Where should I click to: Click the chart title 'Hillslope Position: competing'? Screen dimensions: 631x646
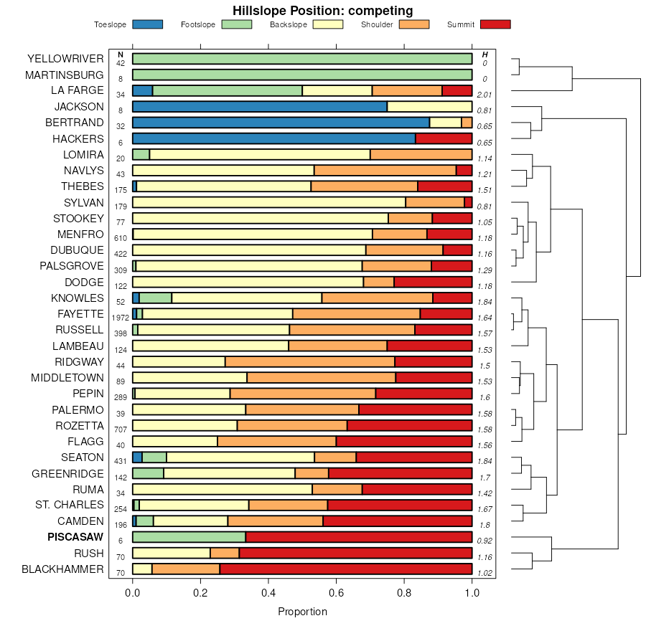pyautogui.click(x=322, y=10)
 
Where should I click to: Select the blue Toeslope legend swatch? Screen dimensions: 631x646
pyautogui.click(x=147, y=24)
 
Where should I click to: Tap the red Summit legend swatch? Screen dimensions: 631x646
pyautogui.click(x=495, y=24)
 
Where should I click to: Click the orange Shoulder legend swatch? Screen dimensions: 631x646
pyautogui.click(x=413, y=24)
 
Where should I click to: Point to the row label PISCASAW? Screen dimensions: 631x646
pyautogui.click(x=75, y=537)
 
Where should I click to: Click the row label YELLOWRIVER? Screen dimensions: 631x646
pyautogui.click(x=65, y=58)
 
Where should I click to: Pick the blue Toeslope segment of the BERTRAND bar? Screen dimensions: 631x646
pyautogui.click(x=281, y=123)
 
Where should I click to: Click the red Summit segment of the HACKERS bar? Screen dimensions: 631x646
pyautogui.click(x=444, y=138)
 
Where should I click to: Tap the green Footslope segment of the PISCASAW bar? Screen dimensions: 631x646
pyautogui.click(x=189, y=537)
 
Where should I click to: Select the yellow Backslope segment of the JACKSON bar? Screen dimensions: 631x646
pyautogui.click(x=429, y=106)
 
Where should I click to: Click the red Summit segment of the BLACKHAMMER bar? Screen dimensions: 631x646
pyautogui.click(x=345, y=569)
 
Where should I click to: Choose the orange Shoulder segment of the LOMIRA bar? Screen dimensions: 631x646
pyautogui.click(x=421, y=154)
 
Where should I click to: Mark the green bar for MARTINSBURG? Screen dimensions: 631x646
pyautogui.click(x=302, y=75)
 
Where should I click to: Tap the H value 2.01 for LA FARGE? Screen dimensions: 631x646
pyautogui.click(x=484, y=95)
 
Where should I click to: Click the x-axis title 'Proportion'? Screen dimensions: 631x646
pyautogui.click(x=302, y=612)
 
